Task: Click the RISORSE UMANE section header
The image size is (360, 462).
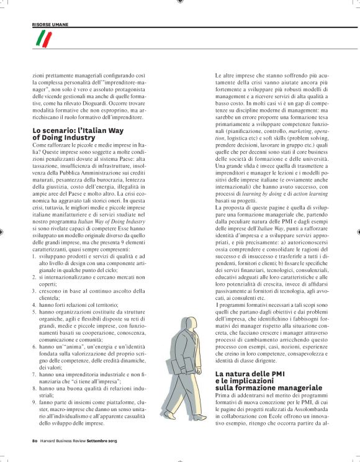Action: pos(50,24)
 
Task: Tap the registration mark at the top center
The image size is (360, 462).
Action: pos(180,2)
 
